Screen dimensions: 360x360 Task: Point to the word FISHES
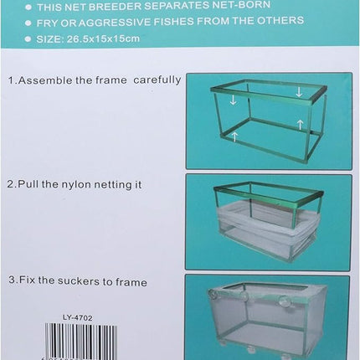pos(163,23)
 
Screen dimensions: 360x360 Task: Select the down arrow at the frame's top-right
pos(299,92)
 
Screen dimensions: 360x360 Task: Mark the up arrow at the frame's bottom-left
pos(235,136)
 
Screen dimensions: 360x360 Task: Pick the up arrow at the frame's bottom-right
pos(299,124)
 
